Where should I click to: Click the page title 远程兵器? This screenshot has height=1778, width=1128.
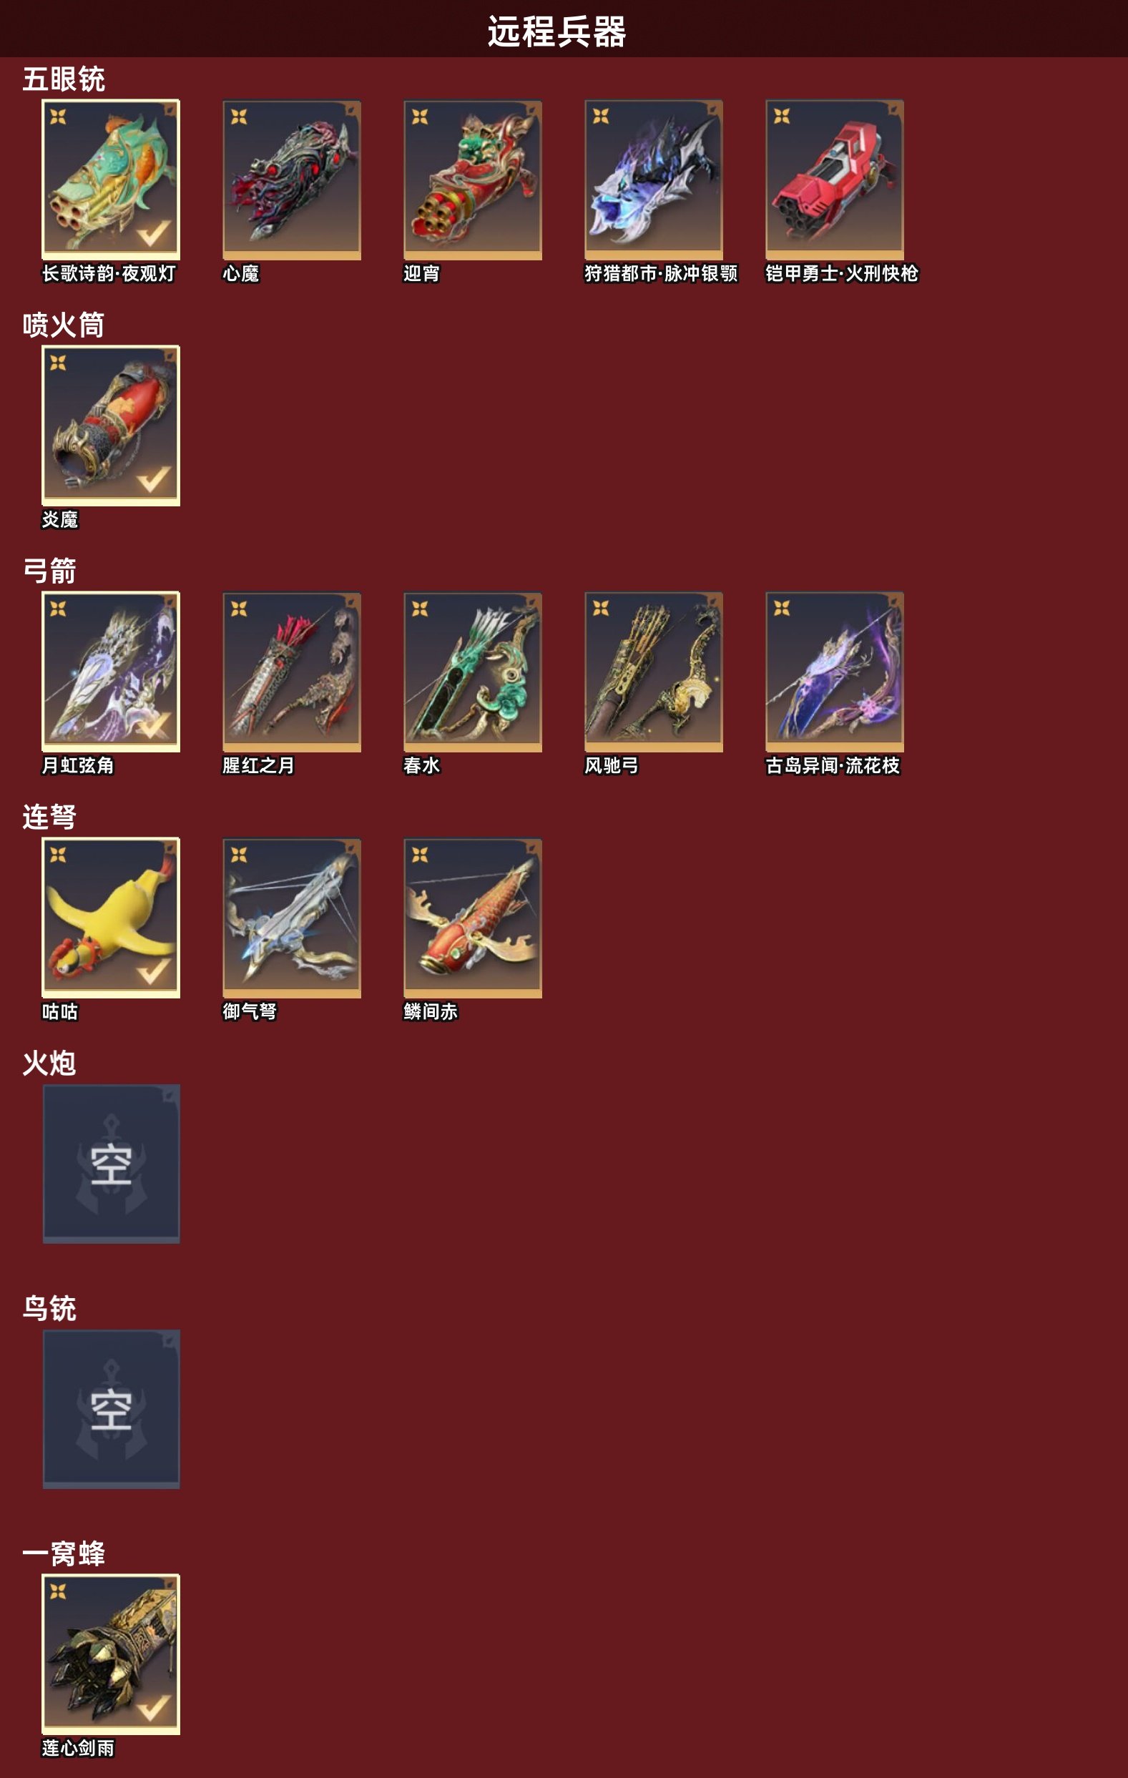point(556,31)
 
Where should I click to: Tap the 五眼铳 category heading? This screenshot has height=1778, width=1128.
point(64,79)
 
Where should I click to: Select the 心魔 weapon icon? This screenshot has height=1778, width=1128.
point(292,180)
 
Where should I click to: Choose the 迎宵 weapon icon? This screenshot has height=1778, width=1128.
point(473,180)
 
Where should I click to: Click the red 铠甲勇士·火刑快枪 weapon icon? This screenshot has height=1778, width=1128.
point(834,180)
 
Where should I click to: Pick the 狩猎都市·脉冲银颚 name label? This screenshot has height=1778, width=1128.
point(661,273)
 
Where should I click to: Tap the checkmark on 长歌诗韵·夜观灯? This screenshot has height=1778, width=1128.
point(154,233)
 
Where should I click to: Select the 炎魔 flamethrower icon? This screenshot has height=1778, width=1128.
point(111,426)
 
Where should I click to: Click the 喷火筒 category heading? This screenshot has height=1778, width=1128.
point(64,325)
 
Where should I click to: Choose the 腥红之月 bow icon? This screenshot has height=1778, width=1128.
point(292,672)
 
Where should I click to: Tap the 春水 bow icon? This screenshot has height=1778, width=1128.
point(473,672)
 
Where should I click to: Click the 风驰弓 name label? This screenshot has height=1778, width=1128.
point(612,766)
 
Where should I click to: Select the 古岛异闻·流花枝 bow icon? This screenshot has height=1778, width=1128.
point(834,672)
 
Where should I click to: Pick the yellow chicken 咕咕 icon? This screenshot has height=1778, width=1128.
point(111,918)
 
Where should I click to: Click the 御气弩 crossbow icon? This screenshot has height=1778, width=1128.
point(292,918)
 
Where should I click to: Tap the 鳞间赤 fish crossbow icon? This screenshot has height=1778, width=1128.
point(473,918)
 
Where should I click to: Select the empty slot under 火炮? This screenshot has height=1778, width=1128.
point(111,1164)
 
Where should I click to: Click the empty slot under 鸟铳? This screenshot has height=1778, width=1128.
point(111,1409)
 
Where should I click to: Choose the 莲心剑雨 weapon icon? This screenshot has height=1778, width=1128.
point(111,1655)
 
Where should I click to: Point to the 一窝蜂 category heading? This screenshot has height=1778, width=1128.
point(64,1553)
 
